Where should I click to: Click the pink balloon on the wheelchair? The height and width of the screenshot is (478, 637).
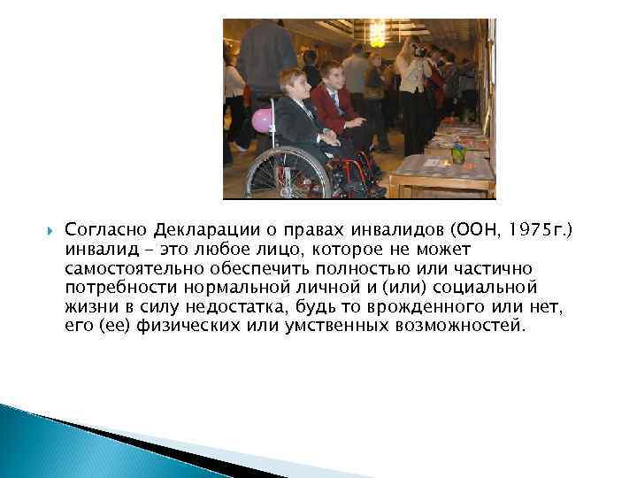click(x=262, y=120)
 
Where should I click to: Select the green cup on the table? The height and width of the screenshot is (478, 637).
click(x=458, y=153)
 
